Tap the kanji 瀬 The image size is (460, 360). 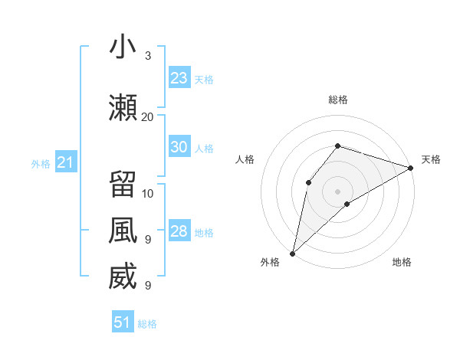click(x=123, y=106)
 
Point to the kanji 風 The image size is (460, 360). click(x=123, y=231)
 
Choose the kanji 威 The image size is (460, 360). click(x=123, y=277)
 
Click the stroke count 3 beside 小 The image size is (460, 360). click(x=147, y=56)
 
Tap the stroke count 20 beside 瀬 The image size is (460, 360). click(x=148, y=116)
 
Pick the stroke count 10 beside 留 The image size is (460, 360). click(x=148, y=192)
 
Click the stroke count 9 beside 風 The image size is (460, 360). click(x=147, y=239)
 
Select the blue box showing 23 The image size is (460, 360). click(x=179, y=78)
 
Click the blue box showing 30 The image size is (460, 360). click(x=179, y=147)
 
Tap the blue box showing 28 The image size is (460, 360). click(x=179, y=231)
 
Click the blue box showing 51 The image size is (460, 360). click(x=123, y=322)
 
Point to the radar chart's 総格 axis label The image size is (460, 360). click(x=337, y=100)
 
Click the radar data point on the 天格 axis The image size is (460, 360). click(x=411, y=168)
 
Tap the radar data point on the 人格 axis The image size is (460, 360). click(x=308, y=182)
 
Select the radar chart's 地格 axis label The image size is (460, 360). click(x=402, y=263)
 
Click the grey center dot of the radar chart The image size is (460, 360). click(x=337, y=191)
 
